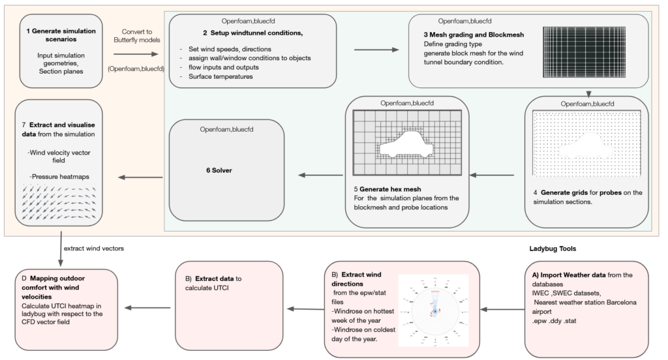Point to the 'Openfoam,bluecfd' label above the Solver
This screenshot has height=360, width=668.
pyautogui.click(x=227, y=130)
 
